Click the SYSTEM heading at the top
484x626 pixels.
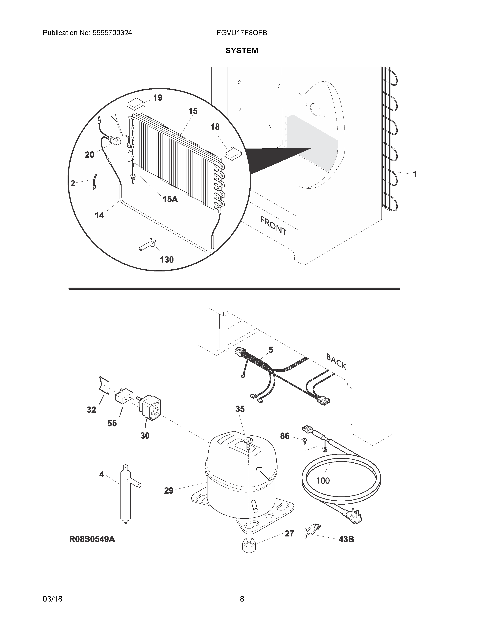click(242, 51)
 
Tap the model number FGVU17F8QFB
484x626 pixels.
click(242, 33)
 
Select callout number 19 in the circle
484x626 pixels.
click(158, 98)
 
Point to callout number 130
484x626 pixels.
click(167, 260)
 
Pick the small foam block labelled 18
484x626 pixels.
click(233, 153)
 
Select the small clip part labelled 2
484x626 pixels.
click(95, 182)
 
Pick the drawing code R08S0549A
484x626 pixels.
click(92, 539)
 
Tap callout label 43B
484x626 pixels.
click(346, 539)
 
